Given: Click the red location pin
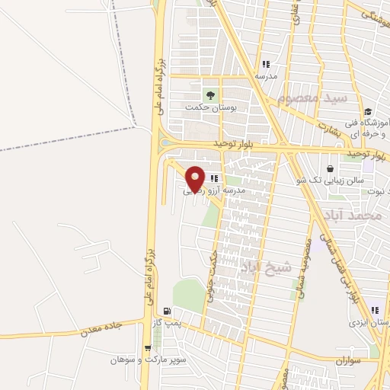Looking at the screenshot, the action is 195,178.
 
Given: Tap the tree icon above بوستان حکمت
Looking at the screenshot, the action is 209,95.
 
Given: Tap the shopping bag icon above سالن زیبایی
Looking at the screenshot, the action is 329,168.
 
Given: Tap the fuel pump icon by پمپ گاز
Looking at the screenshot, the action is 167,311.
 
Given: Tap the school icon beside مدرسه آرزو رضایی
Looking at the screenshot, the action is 225,177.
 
